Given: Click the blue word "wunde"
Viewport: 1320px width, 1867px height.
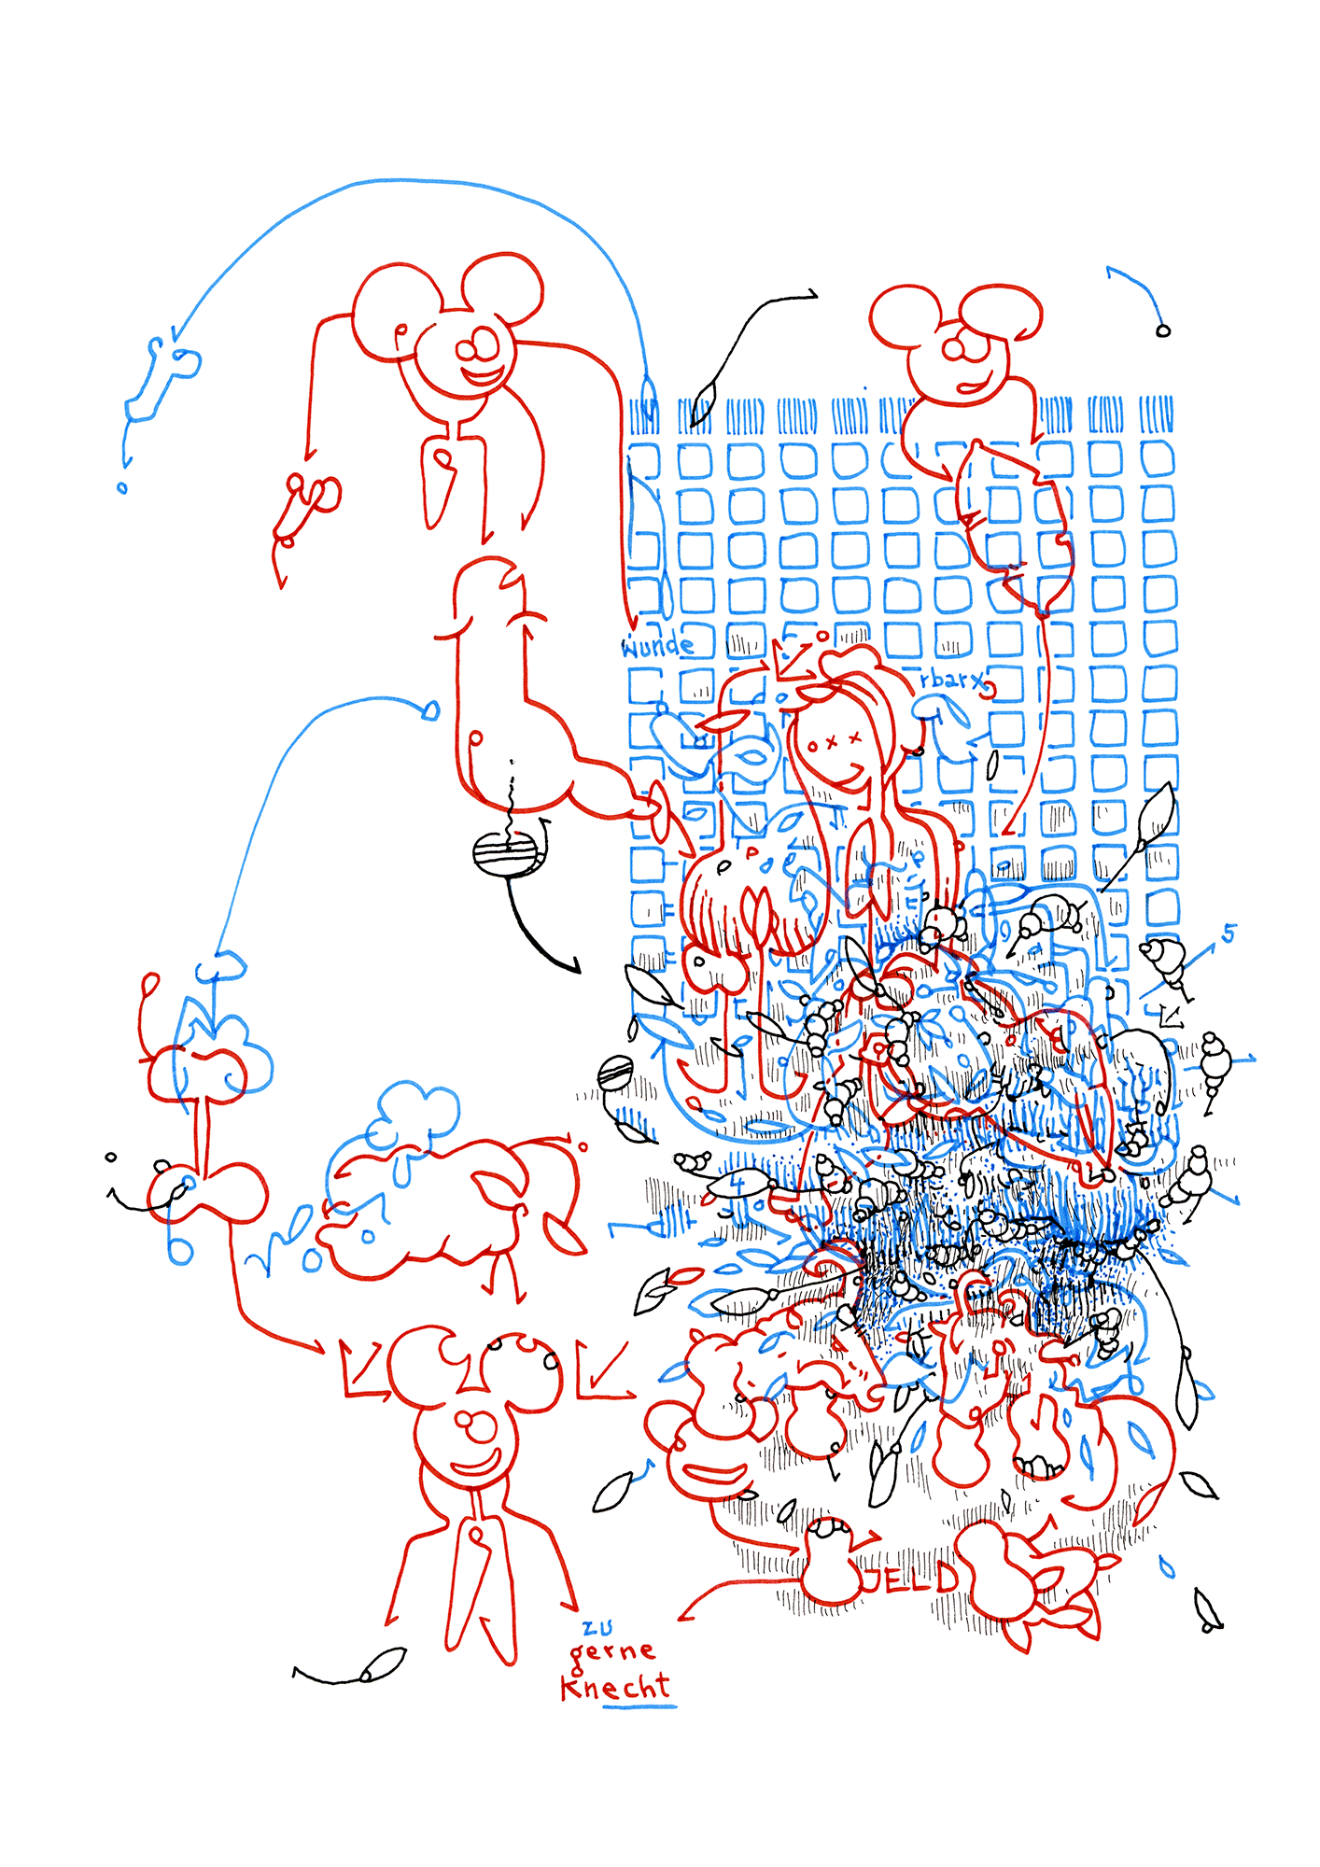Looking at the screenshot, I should (x=657, y=646).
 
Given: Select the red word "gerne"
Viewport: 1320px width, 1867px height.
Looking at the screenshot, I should (x=612, y=1651).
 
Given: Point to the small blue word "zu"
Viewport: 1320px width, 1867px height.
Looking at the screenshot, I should (x=597, y=1628).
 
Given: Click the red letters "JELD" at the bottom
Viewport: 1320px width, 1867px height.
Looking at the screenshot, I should (x=910, y=1578).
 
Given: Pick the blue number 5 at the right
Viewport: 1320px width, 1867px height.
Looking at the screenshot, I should (x=1229, y=933).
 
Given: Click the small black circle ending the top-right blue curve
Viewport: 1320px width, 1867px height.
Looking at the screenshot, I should (x=1162, y=330).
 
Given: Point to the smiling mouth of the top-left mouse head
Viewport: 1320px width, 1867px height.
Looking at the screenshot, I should (x=483, y=376).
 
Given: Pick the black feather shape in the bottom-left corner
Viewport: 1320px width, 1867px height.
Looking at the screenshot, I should (x=385, y=1664).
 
